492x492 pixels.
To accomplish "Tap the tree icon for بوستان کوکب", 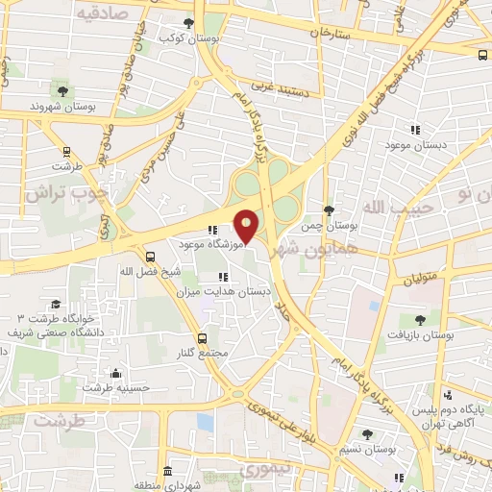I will point(187,22).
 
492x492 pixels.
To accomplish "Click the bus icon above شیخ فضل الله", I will point(150,257).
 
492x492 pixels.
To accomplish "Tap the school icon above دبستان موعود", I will point(415,129).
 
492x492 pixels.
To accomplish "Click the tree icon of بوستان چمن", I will point(330,209).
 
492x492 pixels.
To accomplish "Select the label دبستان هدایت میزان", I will point(232,290).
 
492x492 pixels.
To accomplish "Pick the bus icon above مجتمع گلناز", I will point(202,338).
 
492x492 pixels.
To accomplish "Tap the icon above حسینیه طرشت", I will point(116,373).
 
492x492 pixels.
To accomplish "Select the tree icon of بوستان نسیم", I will point(366,434).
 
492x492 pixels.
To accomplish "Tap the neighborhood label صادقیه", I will point(101,12).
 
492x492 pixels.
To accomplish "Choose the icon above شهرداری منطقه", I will point(167,472).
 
